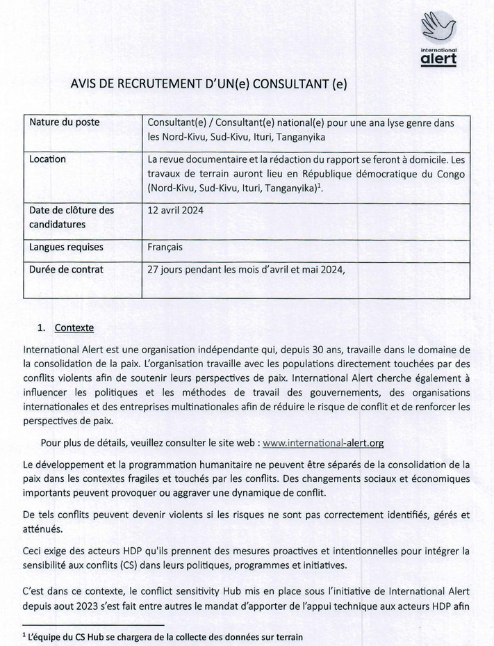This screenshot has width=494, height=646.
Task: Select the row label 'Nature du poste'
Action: tap(64, 122)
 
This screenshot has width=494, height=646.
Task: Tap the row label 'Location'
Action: tap(48, 159)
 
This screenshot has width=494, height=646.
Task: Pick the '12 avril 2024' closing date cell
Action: tap(176, 210)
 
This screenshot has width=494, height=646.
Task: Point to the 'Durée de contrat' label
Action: tap(67, 269)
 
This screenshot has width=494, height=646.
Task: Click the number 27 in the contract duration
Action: tap(154, 269)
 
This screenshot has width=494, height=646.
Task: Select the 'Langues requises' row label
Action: tap(67, 247)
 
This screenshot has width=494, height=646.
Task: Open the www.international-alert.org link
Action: tap(324, 442)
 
